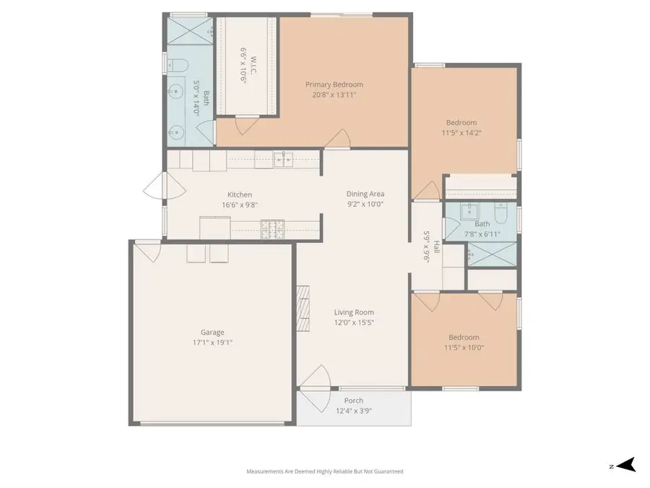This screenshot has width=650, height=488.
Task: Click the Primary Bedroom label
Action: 334,85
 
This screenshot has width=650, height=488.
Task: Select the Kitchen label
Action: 240,194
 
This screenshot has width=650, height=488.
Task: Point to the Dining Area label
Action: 365,194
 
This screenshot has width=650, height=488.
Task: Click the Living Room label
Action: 353,312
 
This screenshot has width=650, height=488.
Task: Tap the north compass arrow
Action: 625,465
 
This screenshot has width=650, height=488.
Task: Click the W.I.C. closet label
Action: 244,56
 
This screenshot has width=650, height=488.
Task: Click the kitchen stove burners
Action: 274,229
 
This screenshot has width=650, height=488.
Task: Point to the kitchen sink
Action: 282,158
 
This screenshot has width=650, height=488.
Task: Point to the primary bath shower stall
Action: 190,33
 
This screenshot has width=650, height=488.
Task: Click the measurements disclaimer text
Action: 325,471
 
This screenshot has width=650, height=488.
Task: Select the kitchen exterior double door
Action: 165,189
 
